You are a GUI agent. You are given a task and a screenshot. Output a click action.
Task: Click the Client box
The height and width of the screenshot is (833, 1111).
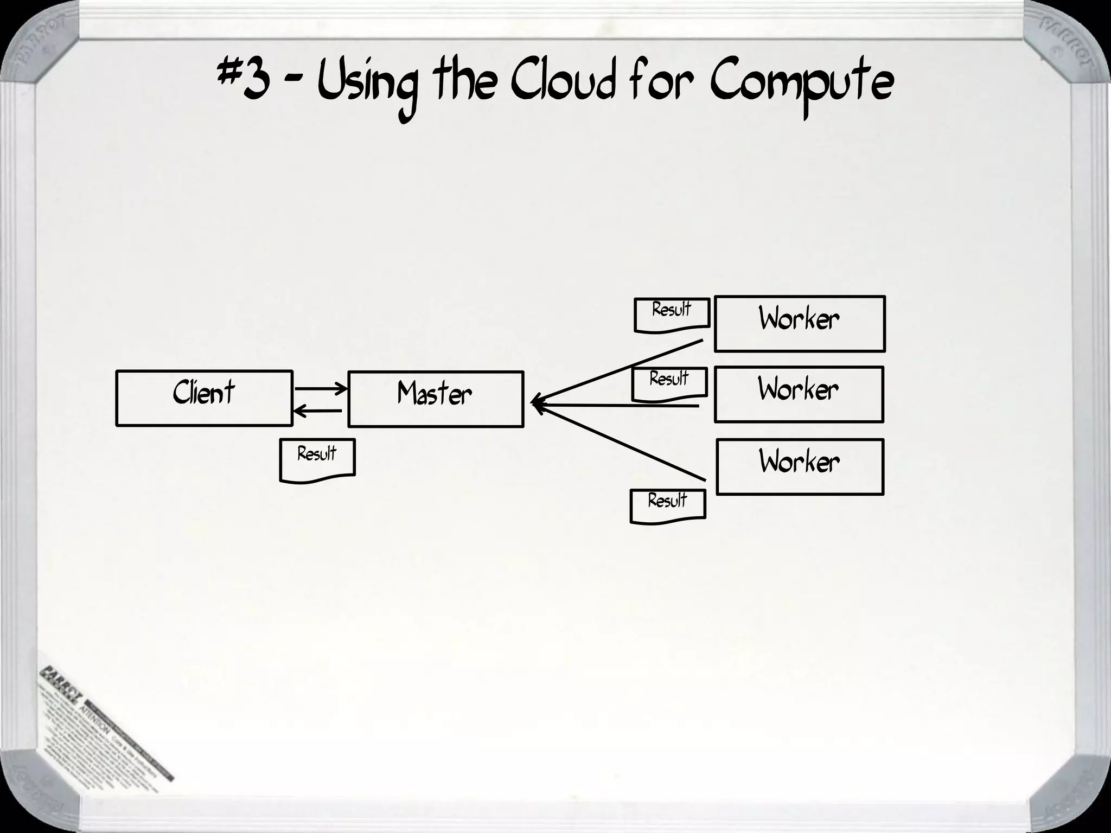tap(204, 398)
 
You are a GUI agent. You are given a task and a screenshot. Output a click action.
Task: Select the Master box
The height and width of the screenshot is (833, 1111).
tap(435, 399)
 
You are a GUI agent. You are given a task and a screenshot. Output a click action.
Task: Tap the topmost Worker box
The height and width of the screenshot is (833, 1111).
tap(799, 324)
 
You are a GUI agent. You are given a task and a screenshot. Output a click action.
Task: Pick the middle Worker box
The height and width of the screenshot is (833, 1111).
tap(799, 394)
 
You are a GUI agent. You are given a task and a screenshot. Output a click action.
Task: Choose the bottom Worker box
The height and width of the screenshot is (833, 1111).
tap(800, 466)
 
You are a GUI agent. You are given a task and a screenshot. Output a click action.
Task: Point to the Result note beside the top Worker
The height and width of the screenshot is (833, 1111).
tap(672, 314)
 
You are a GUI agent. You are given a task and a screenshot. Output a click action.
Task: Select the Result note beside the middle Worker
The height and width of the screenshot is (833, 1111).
tap(669, 382)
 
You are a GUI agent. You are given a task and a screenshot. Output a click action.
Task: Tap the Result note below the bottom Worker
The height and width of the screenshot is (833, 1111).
tap(667, 505)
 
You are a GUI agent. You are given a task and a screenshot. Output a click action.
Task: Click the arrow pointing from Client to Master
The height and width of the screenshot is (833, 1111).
tap(320, 388)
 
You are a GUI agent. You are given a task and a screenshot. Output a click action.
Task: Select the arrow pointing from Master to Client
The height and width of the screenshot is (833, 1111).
tap(318, 411)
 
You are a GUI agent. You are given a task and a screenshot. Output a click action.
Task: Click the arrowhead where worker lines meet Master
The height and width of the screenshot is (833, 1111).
tap(536, 403)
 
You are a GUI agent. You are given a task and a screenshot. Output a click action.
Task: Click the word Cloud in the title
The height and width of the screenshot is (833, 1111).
tap(564, 84)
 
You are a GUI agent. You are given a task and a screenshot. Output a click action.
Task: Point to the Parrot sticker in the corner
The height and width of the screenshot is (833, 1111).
tap(103, 721)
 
